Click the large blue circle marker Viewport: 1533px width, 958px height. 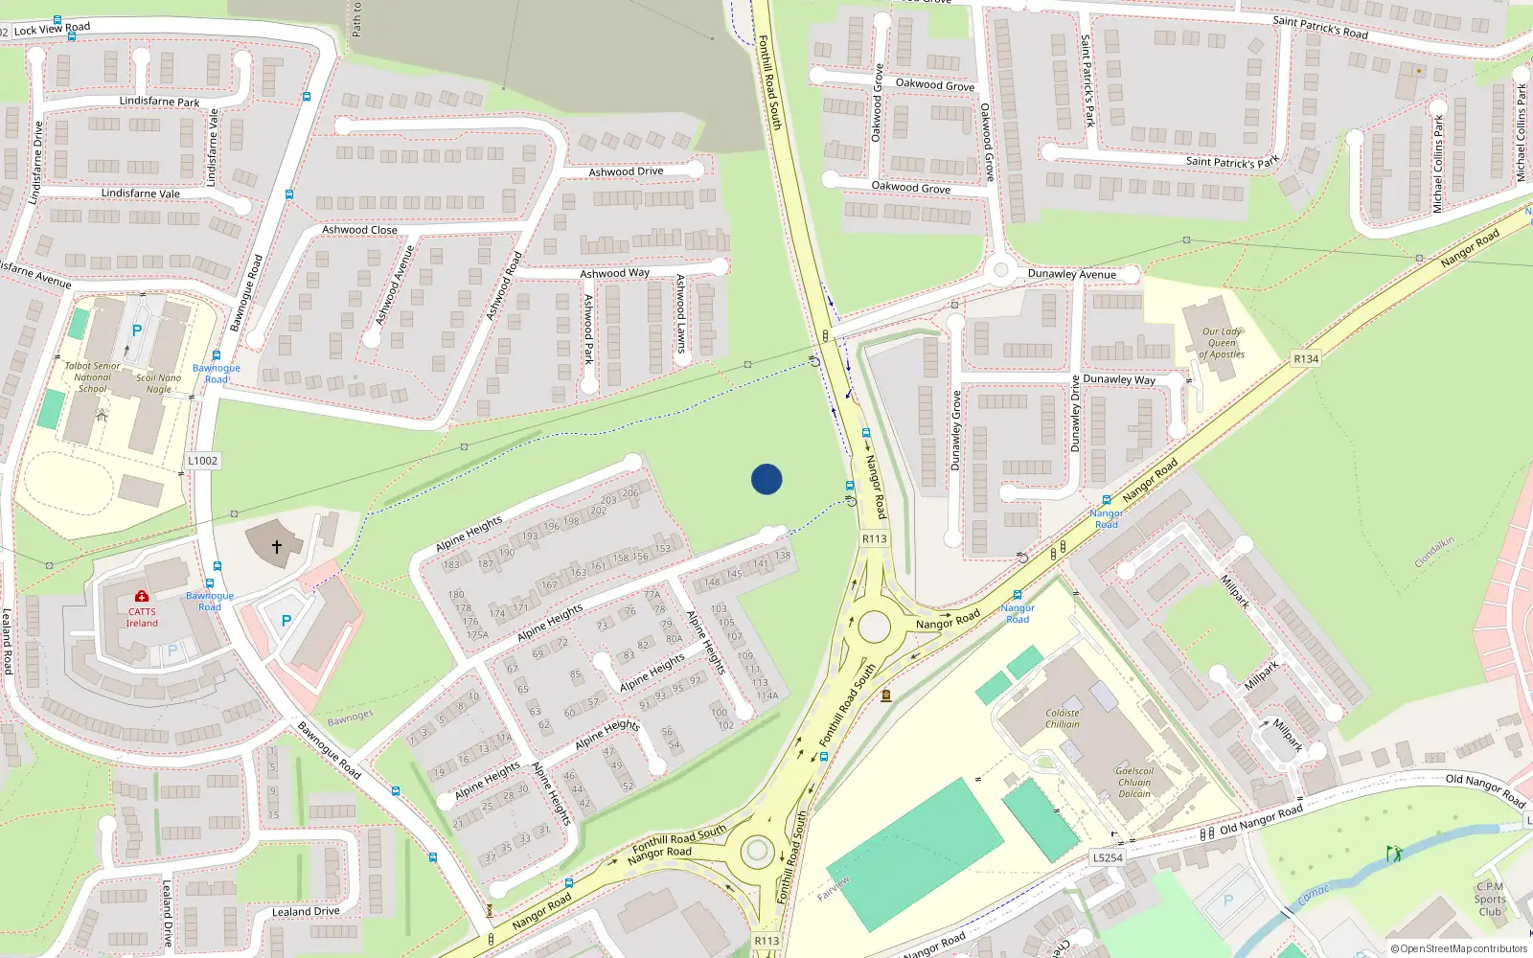tap(766, 479)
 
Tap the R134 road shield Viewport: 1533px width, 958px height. tap(1306, 359)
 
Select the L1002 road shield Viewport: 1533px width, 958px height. tap(202, 461)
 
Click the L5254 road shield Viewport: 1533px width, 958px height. tap(1108, 857)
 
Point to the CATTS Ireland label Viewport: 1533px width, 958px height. tap(142, 617)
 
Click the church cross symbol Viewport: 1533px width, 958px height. tap(277, 547)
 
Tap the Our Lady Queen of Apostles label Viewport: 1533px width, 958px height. tap(1222, 343)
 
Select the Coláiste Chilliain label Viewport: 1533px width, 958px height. tap(1063, 718)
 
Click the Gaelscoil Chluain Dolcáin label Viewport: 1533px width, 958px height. tap(1134, 782)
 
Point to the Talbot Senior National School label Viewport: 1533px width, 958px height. tap(92, 377)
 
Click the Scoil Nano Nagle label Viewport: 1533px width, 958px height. tap(159, 383)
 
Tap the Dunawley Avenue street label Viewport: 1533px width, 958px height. tap(1071, 274)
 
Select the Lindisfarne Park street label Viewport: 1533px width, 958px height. tap(159, 102)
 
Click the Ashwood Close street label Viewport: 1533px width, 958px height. tap(359, 230)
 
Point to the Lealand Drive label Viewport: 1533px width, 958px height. tap(306, 911)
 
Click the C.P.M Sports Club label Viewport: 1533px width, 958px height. tap(1490, 899)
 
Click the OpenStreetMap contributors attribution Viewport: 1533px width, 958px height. tap(1458, 948)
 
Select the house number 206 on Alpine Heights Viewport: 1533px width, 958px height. tap(629, 493)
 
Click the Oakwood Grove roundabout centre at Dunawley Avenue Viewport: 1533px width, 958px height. tap(1001, 270)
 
